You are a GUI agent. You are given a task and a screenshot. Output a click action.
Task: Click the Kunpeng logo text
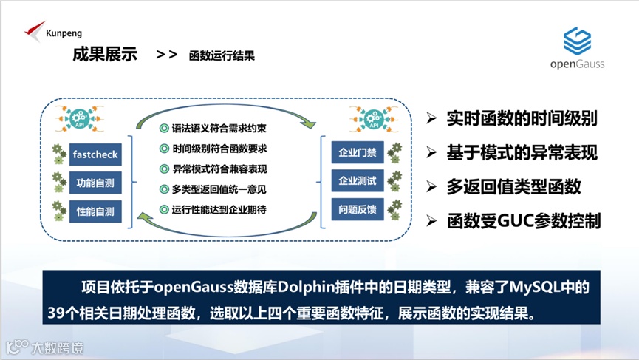[x=64, y=33]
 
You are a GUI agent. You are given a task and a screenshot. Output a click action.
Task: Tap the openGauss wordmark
[x=577, y=64]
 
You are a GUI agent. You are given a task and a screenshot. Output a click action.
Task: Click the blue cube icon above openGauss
[x=577, y=41]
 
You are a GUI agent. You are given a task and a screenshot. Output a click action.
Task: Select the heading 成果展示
[x=105, y=55]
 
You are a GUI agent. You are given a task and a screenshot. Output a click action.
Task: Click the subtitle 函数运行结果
[x=222, y=55]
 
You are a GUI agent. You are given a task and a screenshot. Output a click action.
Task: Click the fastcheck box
[x=95, y=154]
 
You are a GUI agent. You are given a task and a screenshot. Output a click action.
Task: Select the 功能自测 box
[x=95, y=183]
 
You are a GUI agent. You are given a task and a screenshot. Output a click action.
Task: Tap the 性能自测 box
[x=95, y=211]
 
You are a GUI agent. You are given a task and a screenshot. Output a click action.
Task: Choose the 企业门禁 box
[x=358, y=153]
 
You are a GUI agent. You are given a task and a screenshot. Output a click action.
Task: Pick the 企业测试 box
[x=358, y=181]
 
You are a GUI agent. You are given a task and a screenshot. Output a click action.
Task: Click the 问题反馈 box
[x=358, y=209]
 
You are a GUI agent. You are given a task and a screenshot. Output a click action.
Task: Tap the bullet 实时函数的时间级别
[x=522, y=119]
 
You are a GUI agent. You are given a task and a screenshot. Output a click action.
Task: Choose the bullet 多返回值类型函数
[x=513, y=187]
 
